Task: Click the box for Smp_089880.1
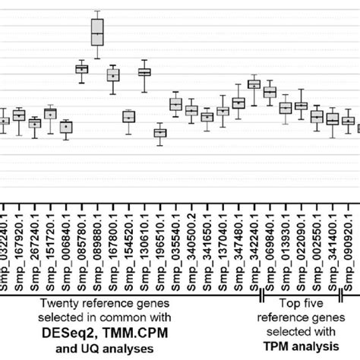(97, 33)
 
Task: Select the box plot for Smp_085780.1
(82, 69)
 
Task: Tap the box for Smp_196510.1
(159, 133)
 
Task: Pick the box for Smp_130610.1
(144, 71)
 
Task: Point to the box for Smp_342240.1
(254, 84)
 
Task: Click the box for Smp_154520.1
(128, 117)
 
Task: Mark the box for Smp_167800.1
(113, 75)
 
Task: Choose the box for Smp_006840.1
(66, 127)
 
